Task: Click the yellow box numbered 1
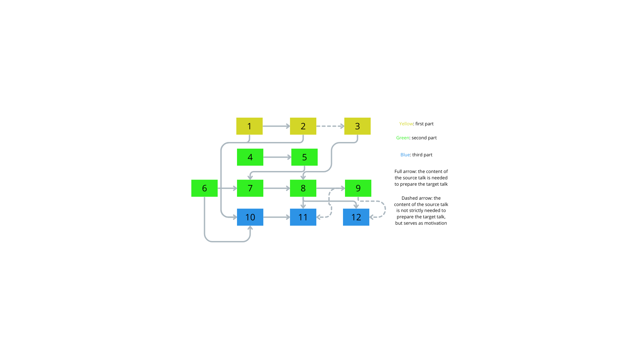[x=249, y=126]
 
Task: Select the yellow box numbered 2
[x=303, y=126]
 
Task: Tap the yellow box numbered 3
[x=357, y=126]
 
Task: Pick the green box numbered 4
[x=250, y=157]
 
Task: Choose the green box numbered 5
[x=304, y=157]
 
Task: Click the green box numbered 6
[x=204, y=188]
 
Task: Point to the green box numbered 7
[x=250, y=188]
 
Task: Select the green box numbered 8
[x=303, y=188]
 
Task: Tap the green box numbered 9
[x=358, y=188]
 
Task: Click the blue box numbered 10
[x=250, y=217]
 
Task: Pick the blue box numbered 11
[x=303, y=217]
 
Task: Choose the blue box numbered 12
[x=356, y=217]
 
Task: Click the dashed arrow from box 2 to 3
[x=330, y=126]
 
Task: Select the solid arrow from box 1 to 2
[x=276, y=126]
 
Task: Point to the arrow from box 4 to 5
[x=277, y=157]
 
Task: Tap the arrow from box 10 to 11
[x=277, y=217]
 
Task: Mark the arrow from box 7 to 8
[x=277, y=188]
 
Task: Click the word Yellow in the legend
[x=406, y=124]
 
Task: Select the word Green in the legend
[x=403, y=138]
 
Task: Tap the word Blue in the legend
[x=405, y=155]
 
